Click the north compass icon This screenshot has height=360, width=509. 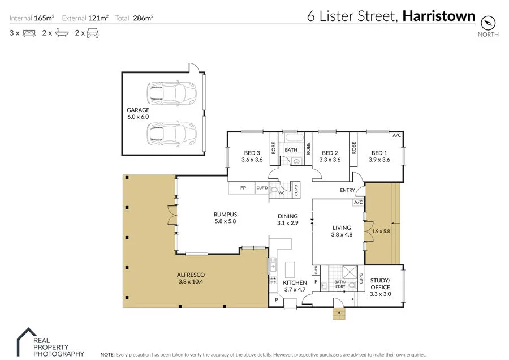(x=488, y=23)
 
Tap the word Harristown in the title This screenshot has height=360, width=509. (x=439, y=16)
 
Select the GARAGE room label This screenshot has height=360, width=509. (x=138, y=110)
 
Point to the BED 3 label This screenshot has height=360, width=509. (x=252, y=153)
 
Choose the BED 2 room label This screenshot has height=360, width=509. (x=330, y=153)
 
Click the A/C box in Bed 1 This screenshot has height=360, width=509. (x=396, y=136)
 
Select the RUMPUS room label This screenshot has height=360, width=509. (x=225, y=214)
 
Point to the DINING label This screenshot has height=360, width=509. (x=287, y=216)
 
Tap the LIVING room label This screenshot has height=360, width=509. (x=342, y=228)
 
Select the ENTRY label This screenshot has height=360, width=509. (x=347, y=190)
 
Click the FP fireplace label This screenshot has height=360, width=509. (x=243, y=188)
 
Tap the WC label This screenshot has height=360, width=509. (x=281, y=194)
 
